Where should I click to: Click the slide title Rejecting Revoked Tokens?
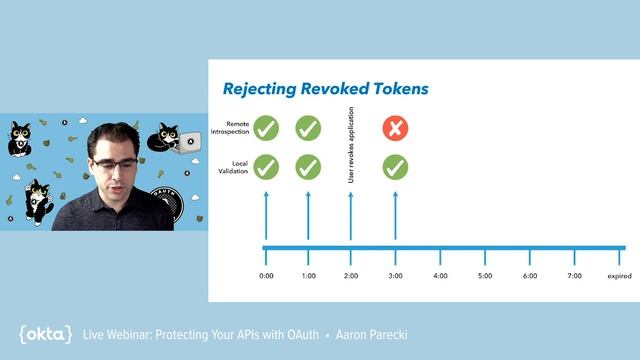tap(325, 89)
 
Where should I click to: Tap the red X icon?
tap(395, 128)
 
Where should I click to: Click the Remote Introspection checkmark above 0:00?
tap(265, 128)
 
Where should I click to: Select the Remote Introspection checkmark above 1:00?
tap(308, 128)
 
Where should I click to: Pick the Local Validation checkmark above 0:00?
tap(265, 167)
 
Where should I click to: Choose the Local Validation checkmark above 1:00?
tap(308, 167)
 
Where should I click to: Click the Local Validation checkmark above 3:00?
tap(395, 167)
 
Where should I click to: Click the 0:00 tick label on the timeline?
tap(265, 275)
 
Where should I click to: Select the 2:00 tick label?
tap(351, 275)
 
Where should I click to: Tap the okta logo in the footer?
tap(45, 334)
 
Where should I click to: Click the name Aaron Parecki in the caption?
tap(373, 334)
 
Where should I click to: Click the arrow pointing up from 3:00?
tap(395, 215)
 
